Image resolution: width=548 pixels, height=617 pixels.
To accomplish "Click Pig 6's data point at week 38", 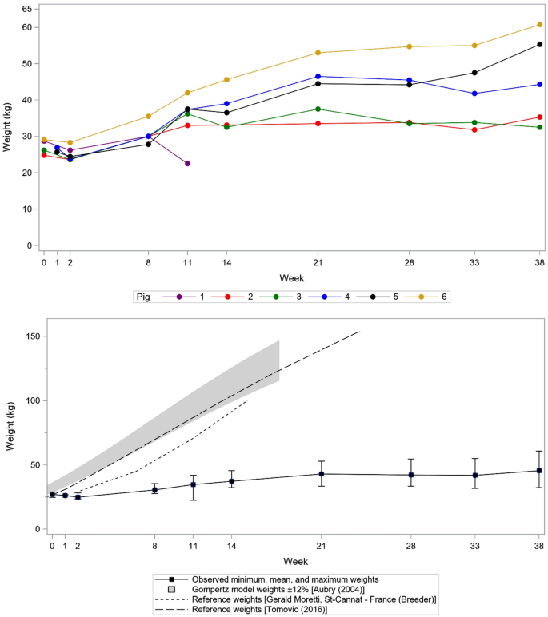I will point(539,24).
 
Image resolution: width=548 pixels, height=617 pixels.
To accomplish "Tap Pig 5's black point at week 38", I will point(539,45).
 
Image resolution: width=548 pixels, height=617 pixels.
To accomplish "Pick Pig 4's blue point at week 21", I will point(318,77).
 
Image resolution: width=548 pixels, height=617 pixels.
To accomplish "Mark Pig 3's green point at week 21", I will point(318,109).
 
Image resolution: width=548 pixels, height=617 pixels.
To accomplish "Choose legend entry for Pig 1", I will point(192,297).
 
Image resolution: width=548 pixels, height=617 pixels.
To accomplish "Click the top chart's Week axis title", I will point(291,277).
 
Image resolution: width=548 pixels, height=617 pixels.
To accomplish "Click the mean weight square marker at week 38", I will point(539,471).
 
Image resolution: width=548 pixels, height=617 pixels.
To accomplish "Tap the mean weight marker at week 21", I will point(322,474).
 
